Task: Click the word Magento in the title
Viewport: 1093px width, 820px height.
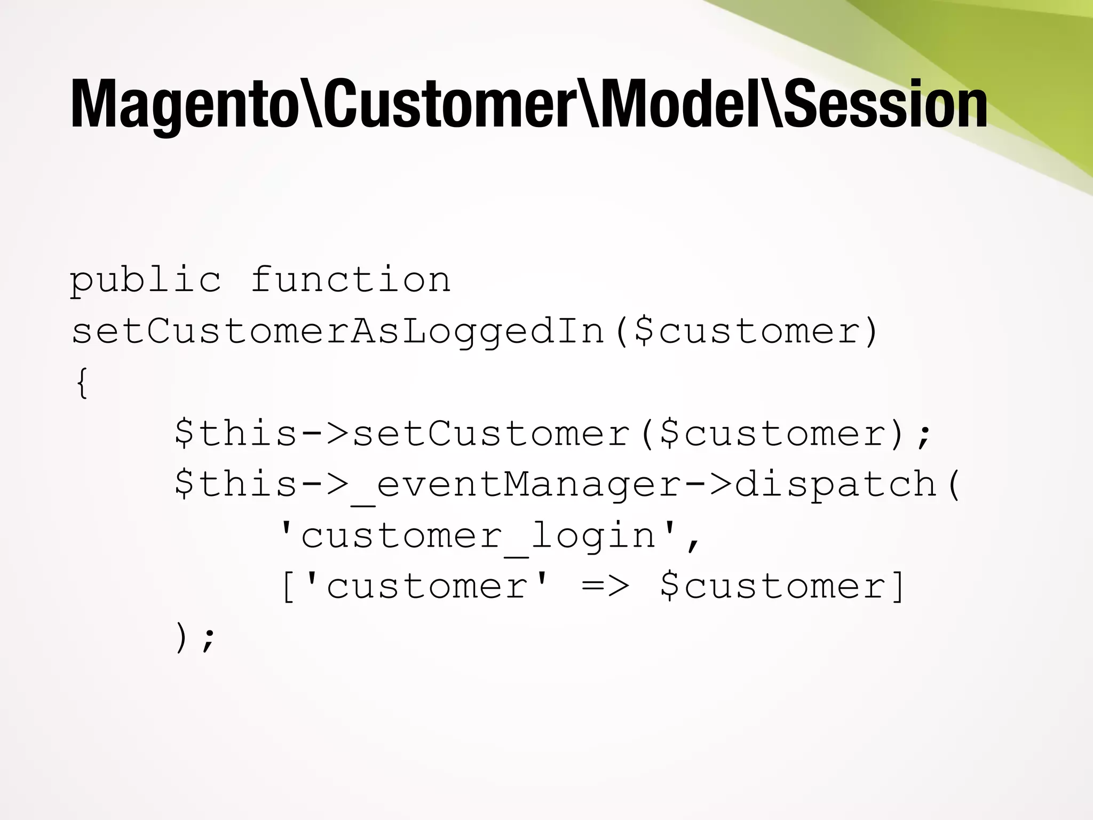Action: pyautogui.click(x=184, y=105)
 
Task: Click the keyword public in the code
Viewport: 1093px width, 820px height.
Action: pyautogui.click(x=145, y=280)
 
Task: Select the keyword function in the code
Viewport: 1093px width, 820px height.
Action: pyautogui.click(x=351, y=280)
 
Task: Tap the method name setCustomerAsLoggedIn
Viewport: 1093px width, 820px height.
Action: pyautogui.click(x=338, y=331)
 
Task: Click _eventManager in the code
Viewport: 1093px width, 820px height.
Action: pyautogui.click(x=516, y=485)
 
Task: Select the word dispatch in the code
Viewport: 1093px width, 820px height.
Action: pyautogui.click(x=836, y=484)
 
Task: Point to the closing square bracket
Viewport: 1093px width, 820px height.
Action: pyautogui.click(x=899, y=587)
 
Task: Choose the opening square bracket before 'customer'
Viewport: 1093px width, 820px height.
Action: pyautogui.click(x=288, y=587)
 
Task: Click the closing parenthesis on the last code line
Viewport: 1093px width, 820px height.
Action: pyautogui.click(x=182, y=638)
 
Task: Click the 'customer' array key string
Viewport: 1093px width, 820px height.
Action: pyautogui.click(x=426, y=587)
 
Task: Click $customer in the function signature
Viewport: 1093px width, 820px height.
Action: pyautogui.click(x=747, y=331)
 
